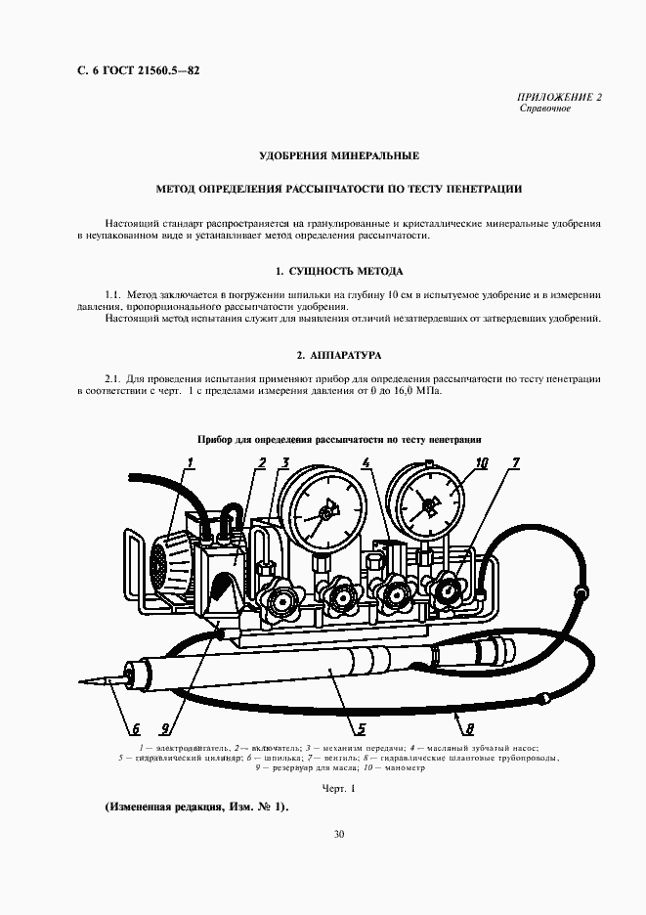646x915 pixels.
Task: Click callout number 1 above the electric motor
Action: [x=191, y=463]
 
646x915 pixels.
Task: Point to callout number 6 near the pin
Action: [x=136, y=727]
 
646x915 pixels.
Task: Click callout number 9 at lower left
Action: [x=166, y=727]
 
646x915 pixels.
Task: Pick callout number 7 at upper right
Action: [x=515, y=463]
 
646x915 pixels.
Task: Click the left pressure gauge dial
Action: [x=322, y=505]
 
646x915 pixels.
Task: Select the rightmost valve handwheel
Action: [x=451, y=591]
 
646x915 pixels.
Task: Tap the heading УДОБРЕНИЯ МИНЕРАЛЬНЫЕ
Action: [x=339, y=155]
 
